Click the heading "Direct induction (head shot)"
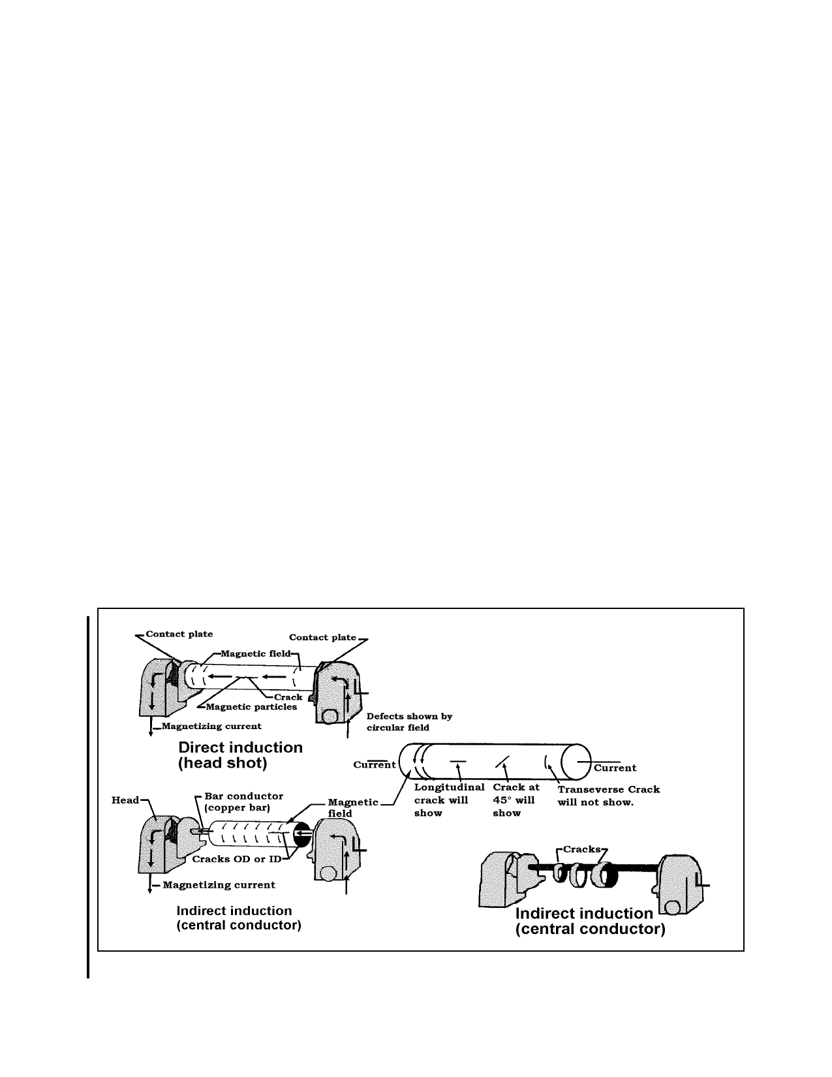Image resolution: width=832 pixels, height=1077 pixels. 240,755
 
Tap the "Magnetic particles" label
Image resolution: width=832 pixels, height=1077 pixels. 251,707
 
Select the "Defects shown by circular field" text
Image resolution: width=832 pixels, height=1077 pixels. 409,722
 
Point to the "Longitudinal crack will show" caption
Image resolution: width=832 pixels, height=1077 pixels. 449,800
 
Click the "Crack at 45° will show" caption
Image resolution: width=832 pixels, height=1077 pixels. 516,800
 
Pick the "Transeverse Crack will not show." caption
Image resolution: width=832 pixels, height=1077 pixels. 609,796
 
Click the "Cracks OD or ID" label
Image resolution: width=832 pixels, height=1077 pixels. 236,859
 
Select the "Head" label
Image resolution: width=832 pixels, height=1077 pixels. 125,800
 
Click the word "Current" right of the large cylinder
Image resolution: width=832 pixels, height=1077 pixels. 615,768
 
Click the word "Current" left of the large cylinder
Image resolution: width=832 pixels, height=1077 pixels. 374,765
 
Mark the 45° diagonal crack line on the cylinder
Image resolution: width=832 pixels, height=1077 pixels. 502,762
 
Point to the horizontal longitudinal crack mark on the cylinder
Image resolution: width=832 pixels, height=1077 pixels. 458,761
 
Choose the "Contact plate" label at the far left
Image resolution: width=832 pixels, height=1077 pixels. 179,634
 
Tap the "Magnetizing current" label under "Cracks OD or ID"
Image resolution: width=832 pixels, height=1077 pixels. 219,884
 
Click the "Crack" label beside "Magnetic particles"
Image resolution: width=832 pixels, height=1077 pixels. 288,697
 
